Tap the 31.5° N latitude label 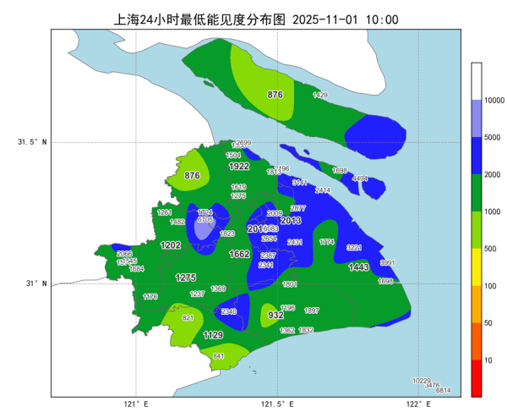tap(32, 142)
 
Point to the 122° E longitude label tap(413, 404)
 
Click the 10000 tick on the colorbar tap(494, 101)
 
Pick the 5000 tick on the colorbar tap(492, 136)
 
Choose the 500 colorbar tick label tap(489, 249)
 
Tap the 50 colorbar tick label tap(487, 323)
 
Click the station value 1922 tap(239, 167)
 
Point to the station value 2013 tap(291, 221)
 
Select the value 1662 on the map tap(239, 254)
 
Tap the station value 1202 tap(171, 245)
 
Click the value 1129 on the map tap(213, 336)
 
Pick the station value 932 tap(275, 315)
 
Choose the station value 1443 tap(358, 267)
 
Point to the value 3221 tap(354, 247)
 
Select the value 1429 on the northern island tap(320, 96)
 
